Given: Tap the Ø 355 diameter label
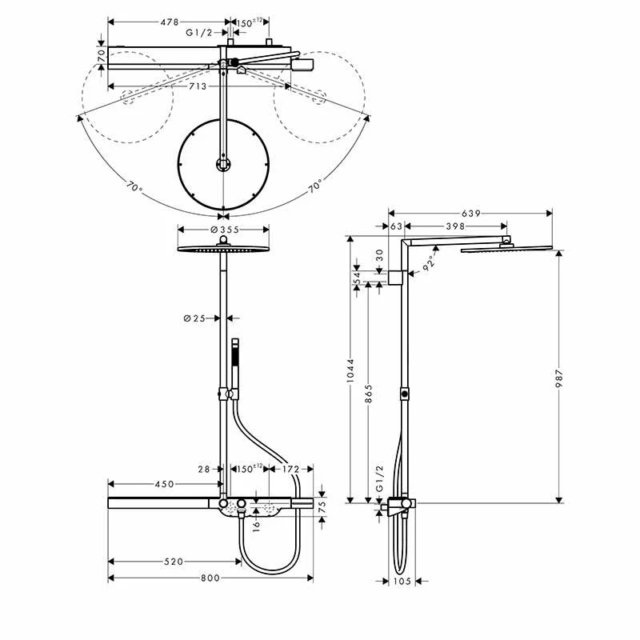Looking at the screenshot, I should tap(225, 230).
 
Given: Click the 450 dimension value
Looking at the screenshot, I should tap(164, 484).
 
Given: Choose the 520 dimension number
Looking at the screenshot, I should tap(174, 562).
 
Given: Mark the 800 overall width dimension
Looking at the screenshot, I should tap(210, 578).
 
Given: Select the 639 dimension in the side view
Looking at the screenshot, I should tap(471, 213).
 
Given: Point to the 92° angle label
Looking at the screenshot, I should tap(431, 262).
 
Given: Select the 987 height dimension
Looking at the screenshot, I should tap(559, 376).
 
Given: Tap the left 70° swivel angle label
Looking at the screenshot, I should tap(134, 190).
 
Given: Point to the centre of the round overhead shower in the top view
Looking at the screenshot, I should tap(222, 164).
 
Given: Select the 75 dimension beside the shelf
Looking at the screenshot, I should tap(322, 506).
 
